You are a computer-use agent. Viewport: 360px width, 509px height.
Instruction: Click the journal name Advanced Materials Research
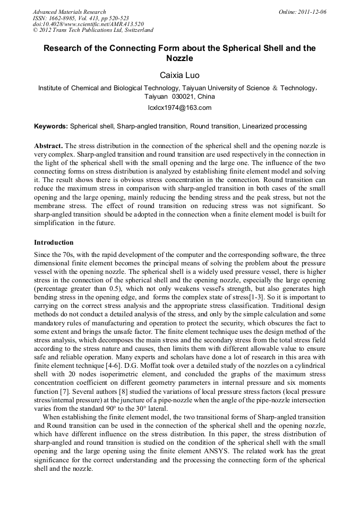tap(69, 12)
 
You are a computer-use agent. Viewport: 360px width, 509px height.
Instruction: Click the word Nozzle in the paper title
tap(179, 58)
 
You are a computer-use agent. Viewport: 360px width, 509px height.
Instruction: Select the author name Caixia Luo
tap(179, 75)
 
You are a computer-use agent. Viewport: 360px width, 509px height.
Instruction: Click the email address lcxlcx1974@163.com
tap(179, 108)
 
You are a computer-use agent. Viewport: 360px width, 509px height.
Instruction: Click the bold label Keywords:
tap(51, 126)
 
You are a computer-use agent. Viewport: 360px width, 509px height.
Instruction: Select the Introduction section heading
tap(54, 243)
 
